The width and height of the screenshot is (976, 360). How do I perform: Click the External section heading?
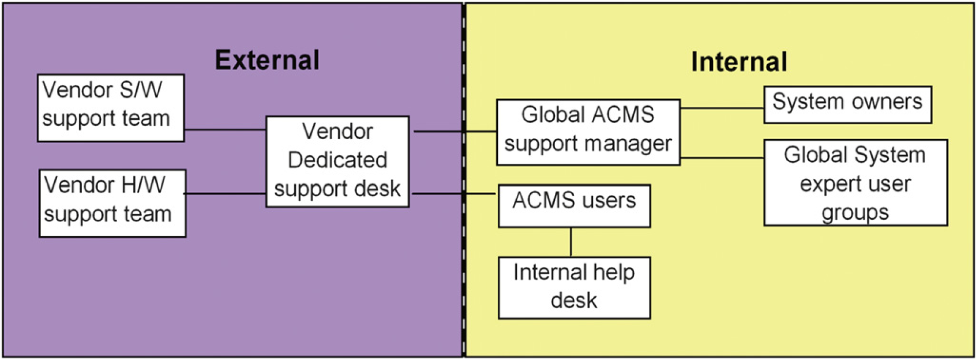click(x=267, y=60)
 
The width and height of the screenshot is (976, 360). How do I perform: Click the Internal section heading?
click(x=739, y=62)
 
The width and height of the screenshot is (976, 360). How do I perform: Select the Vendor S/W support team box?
click(x=111, y=108)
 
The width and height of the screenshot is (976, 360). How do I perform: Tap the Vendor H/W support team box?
click(x=112, y=204)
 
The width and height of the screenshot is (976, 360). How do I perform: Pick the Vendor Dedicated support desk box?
click(x=337, y=162)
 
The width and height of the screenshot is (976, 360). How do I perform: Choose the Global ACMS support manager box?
click(x=588, y=133)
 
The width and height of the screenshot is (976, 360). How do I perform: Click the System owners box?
click(x=848, y=104)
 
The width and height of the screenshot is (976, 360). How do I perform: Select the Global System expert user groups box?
click(x=856, y=183)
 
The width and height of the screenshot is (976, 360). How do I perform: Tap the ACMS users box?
click(x=575, y=206)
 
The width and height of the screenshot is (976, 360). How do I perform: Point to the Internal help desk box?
click(x=575, y=288)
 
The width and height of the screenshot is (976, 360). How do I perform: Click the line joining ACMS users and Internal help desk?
click(x=571, y=242)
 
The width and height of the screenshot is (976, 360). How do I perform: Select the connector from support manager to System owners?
click(x=722, y=108)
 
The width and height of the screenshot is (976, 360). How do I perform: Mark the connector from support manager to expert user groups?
click(x=722, y=157)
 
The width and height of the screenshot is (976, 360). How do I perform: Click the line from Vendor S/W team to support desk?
click(x=226, y=129)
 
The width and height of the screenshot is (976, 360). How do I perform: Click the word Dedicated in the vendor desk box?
click(x=337, y=160)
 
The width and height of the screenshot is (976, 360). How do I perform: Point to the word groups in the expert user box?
click(x=855, y=213)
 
